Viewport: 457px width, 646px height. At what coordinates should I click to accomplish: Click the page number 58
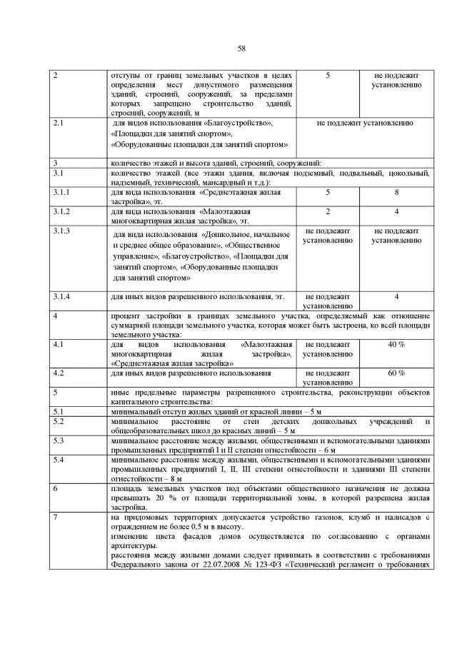(x=241, y=48)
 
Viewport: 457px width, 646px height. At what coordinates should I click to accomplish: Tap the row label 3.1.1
(x=61, y=193)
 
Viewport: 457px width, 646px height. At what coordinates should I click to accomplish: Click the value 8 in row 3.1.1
(x=396, y=193)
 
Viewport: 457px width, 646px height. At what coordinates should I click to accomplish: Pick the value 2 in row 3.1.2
(x=328, y=212)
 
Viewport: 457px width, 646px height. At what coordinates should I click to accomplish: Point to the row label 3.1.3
(x=61, y=231)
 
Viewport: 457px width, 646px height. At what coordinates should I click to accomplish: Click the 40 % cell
(x=396, y=344)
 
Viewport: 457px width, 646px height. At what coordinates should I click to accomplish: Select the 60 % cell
(x=396, y=373)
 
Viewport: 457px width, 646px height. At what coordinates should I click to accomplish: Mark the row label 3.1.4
(x=61, y=296)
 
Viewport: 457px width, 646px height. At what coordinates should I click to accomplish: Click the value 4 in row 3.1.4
(x=396, y=296)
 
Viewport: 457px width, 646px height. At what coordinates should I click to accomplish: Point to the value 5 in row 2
(x=328, y=75)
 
